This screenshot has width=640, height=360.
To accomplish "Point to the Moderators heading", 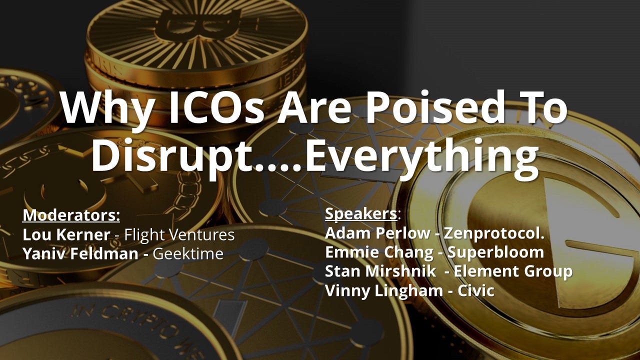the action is point(71,215).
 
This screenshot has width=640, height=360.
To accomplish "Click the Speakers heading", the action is point(361,214).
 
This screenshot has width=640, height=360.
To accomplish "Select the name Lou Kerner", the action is point(66,235).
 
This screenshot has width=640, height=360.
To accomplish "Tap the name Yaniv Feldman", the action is point(80,253).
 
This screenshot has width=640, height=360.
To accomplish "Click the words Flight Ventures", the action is point(179,235).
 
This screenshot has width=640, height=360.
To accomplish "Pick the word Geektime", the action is point(188,253).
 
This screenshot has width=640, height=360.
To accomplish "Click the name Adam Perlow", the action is point(377,233).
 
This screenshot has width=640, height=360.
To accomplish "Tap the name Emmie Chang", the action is point(379,253).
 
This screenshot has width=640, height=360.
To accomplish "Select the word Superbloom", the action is point(495,253).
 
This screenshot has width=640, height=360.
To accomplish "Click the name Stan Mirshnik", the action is point(380,271).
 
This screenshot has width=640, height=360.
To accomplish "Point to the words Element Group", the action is point(513,271).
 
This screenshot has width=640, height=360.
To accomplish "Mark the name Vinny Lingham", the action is point(384,291).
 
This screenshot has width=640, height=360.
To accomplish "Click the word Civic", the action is point(476,290).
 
